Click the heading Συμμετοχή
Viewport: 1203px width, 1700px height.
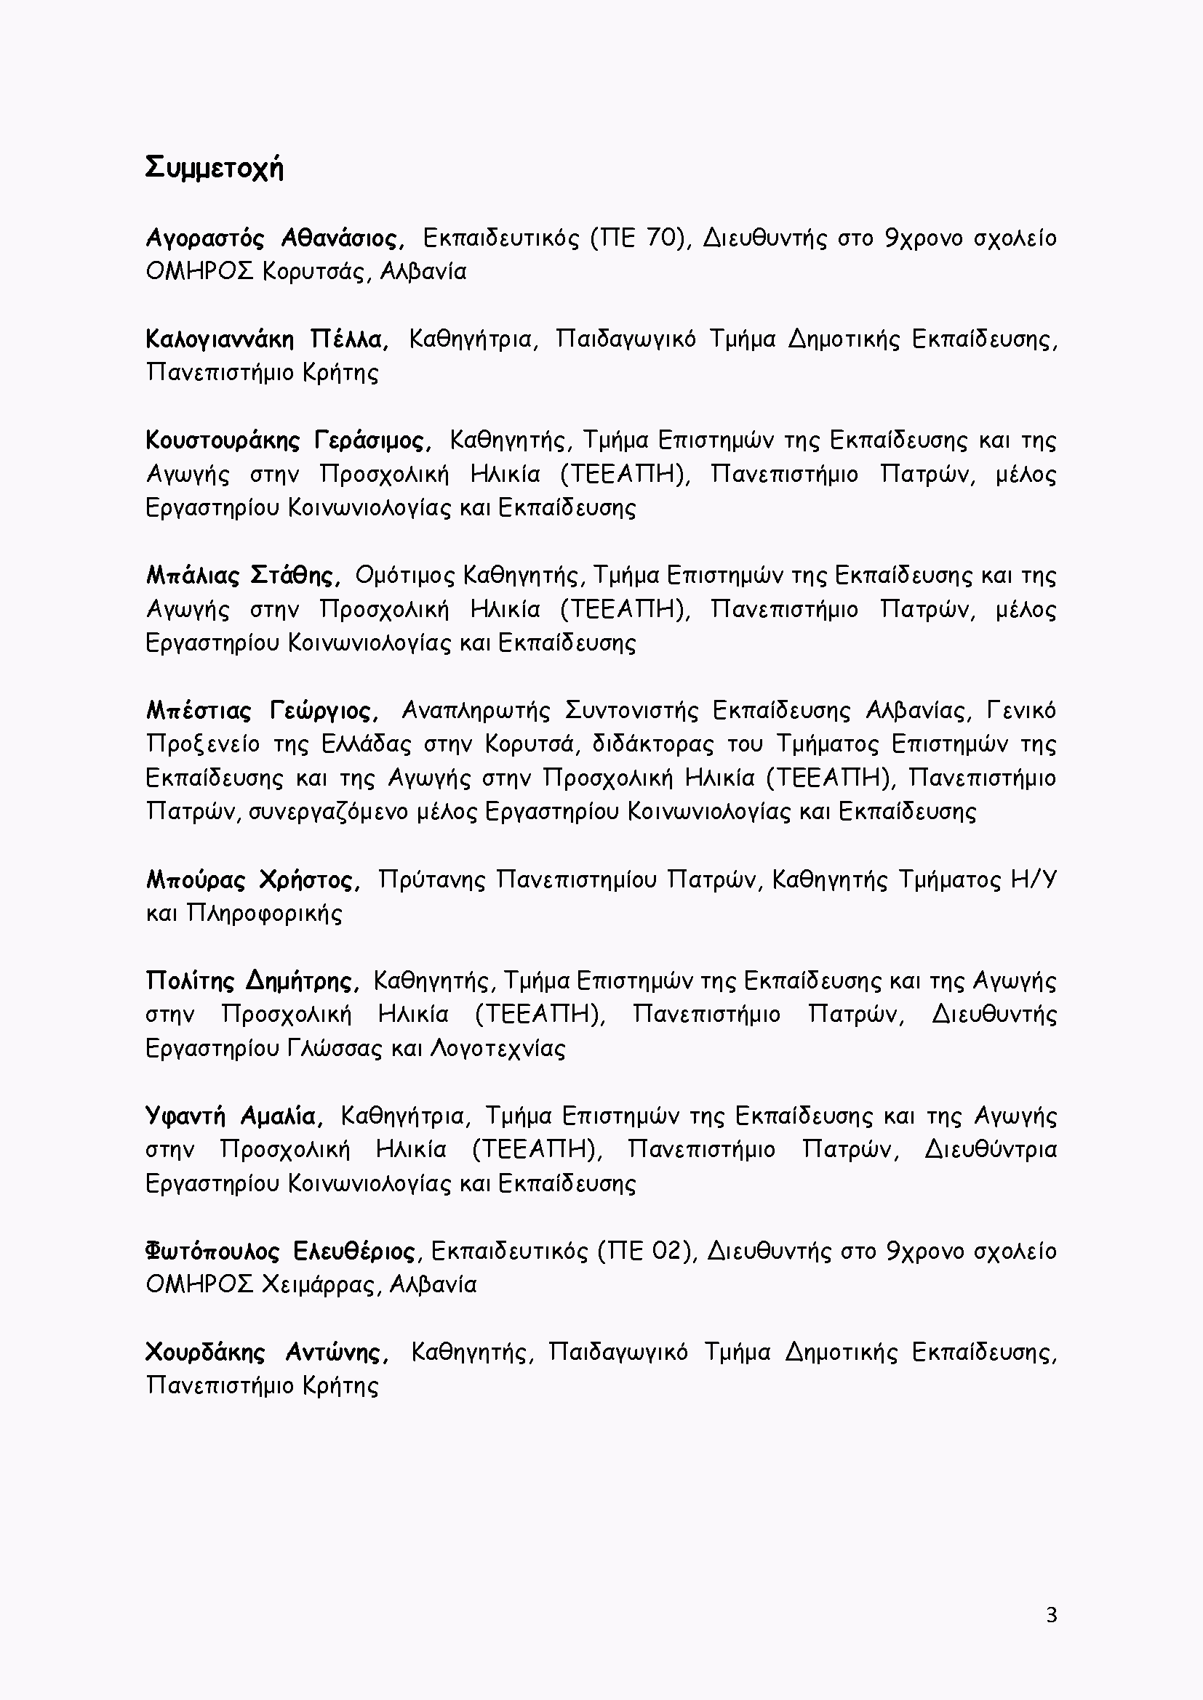point(214,169)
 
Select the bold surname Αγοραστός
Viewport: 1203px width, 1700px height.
point(205,239)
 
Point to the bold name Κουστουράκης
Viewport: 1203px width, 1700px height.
point(223,441)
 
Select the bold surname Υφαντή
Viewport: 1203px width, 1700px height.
point(185,1116)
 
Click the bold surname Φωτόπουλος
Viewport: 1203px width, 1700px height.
point(212,1252)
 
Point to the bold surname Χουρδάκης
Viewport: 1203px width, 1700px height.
point(205,1353)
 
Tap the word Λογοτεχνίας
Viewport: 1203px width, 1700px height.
point(497,1050)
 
